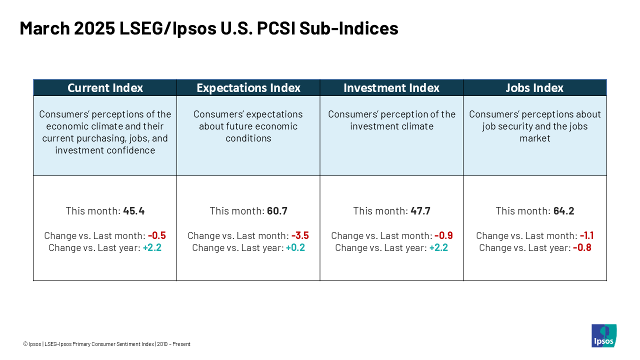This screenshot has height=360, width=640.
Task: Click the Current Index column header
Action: click(105, 87)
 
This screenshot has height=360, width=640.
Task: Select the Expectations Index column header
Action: click(248, 87)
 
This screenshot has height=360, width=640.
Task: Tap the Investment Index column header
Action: click(391, 87)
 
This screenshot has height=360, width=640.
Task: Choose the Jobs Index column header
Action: click(534, 87)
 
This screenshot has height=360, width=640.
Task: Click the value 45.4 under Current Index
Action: click(133, 211)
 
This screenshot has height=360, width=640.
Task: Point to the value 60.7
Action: click(277, 211)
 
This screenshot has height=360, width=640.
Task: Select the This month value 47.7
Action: click(420, 211)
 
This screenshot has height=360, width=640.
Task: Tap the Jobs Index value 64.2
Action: click(563, 211)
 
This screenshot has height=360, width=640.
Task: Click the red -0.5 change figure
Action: click(157, 235)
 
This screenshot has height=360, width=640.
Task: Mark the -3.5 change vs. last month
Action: click(300, 235)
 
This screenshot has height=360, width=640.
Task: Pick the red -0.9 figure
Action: click(443, 235)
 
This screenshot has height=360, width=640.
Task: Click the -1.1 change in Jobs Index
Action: click(587, 235)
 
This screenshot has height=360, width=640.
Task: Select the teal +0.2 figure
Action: click(295, 247)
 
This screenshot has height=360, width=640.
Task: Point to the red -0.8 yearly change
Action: click(582, 247)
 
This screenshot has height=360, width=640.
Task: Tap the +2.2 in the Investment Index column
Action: click(438, 247)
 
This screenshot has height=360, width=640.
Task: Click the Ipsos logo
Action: click(604, 335)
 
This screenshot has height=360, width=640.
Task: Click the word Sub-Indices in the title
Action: click(349, 28)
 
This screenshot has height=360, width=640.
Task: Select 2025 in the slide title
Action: click(94, 28)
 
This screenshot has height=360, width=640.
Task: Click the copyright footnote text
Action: click(106, 344)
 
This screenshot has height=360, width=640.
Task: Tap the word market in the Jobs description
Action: click(535, 138)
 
